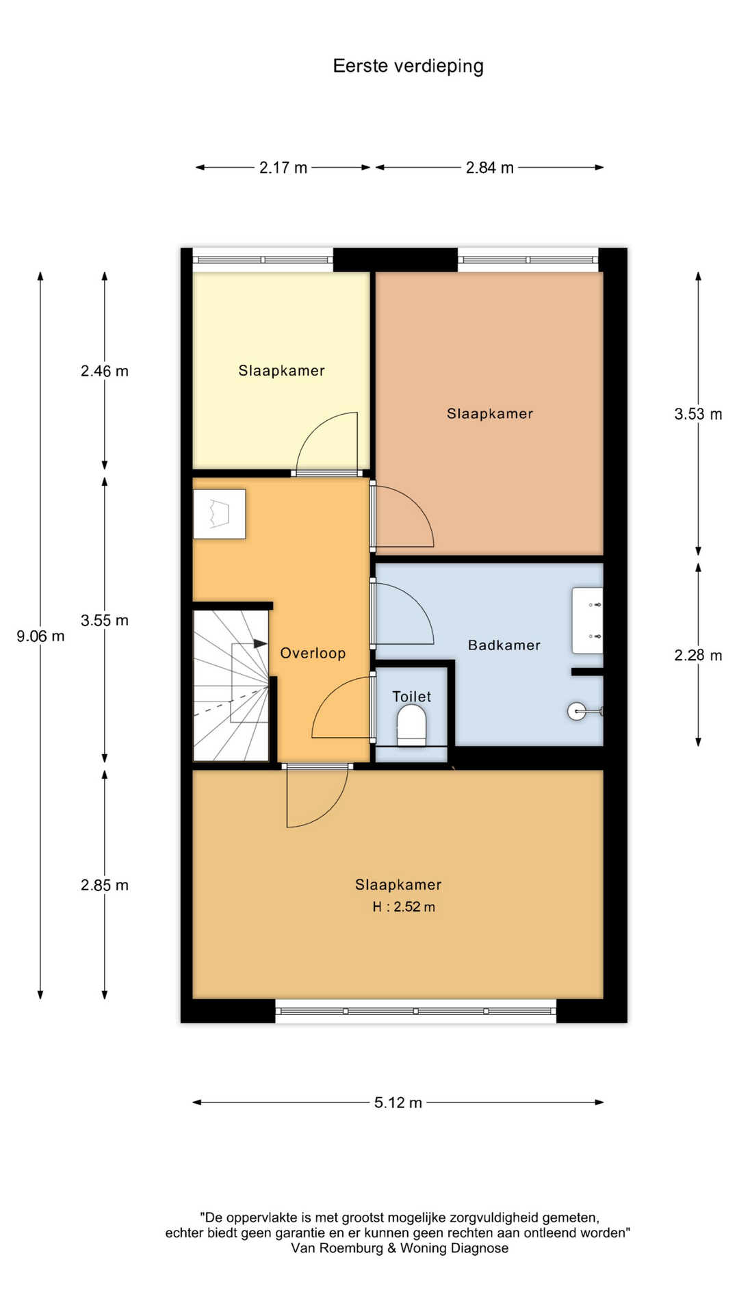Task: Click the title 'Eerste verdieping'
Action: pyautogui.click(x=408, y=66)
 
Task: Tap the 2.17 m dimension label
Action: pyautogui.click(x=283, y=168)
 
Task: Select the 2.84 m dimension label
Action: pyautogui.click(x=490, y=168)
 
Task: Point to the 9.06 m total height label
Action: pyautogui.click(x=40, y=636)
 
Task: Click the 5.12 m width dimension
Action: pyautogui.click(x=398, y=1103)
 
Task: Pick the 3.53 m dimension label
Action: pyautogui.click(x=698, y=414)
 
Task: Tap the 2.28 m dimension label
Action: pyautogui.click(x=698, y=656)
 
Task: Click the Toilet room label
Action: pyautogui.click(x=411, y=697)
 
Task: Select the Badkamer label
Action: pyautogui.click(x=504, y=645)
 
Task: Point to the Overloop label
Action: pyautogui.click(x=313, y=654)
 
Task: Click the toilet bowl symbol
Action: pyautogui.click(x=411, y=725)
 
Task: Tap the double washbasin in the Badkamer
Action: pyautogui.click(x=588, y=620)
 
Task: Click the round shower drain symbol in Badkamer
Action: pyautogui.click(x=577, y=711)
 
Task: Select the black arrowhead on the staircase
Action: pyautogui.click(x=260, y=644)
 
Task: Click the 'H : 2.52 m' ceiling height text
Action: pyautogui.click(x=404, y=907)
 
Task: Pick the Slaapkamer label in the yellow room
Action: pyautogui.click(x=281, y=371)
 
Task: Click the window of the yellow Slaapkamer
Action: pyautogui.click(x=263, y=260)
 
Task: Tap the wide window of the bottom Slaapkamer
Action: pyautogui.click(x=416, y=1011)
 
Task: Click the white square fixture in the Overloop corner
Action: pyautogui.click(x=219, y=514)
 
